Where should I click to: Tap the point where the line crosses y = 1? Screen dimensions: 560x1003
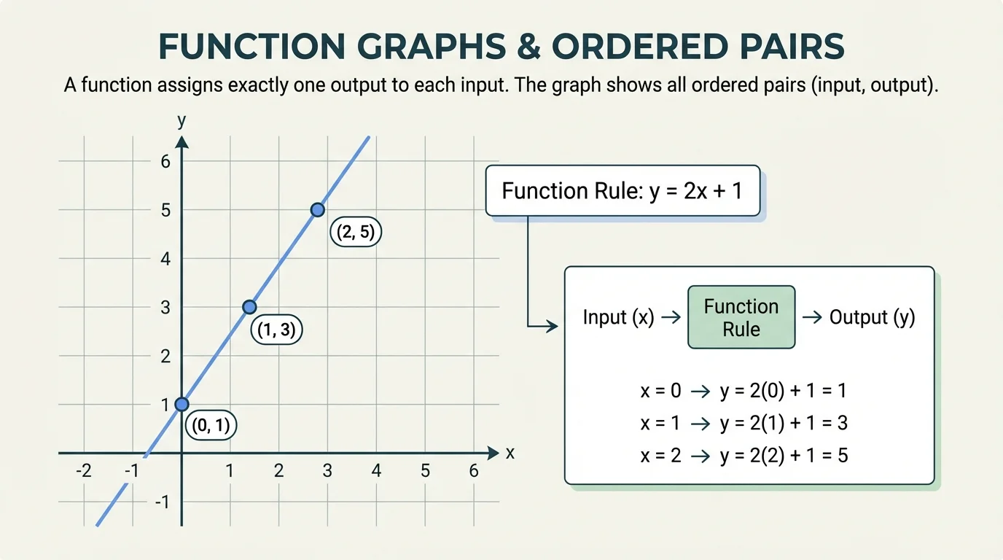tap(182, 404)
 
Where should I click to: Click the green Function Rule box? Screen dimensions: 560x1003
tap(741, 317)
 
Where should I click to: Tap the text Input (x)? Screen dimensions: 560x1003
tap(618, 317)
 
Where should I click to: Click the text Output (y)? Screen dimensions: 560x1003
tap(872, 317)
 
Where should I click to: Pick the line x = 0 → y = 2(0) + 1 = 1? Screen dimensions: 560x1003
tap(743, 390)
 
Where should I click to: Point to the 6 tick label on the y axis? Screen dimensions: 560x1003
tap(165, 161)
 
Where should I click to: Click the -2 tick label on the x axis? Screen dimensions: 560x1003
tap(84, 471)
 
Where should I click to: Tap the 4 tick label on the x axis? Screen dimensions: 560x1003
tap(376, 471)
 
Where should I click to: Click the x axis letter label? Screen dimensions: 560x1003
tap(510, 453)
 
